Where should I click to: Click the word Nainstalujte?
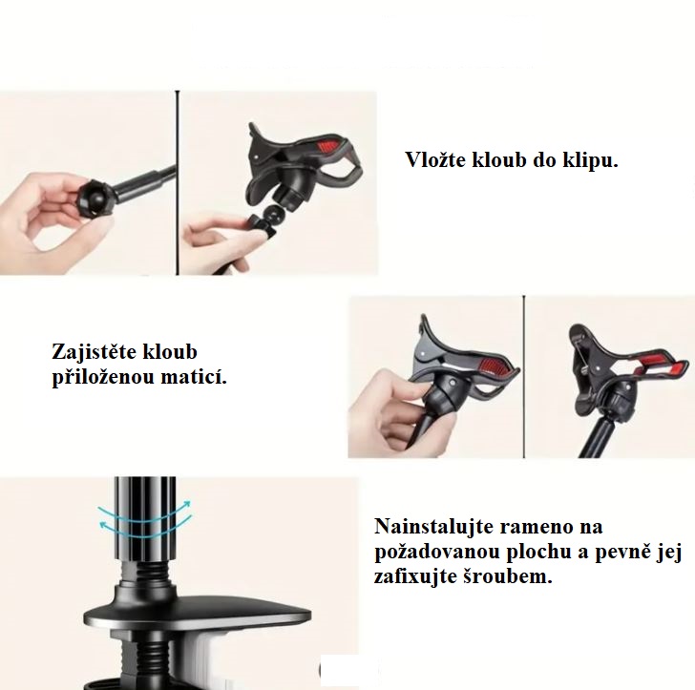click(434, 527)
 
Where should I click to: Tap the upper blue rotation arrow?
click(145, 512)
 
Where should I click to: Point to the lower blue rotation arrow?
click(145, 528)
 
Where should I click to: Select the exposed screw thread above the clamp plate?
click(144, 573)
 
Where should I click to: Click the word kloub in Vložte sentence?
click(498, 160)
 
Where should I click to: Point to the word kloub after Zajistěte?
click(169, 352)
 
